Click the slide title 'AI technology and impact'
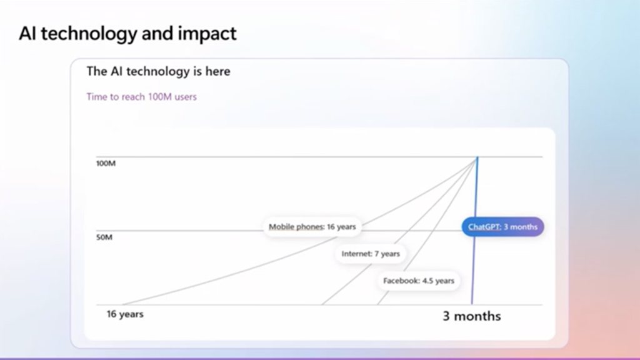[x=127, y=34]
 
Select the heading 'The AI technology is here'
[x=158, y=71]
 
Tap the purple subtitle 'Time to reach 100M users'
[x=142, y=97]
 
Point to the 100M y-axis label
[x=106, y=163]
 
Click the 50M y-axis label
[x=104, y=237]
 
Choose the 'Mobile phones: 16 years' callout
[x=312, y=226]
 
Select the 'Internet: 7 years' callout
[x=371, y=254]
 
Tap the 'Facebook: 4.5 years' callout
[x=418, y=281]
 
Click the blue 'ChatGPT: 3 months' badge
[x=503, y=226]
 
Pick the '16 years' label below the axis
[x=125, y=314]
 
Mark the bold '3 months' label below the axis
[x=472, y=316]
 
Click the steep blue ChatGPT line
[x=475, y=231]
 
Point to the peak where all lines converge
[x=477, y=157]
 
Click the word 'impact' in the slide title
[x=207, y=34]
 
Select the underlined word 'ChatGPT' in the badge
[x=484, y=226]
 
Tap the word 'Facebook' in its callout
[x=401, y=281]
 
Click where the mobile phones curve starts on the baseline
[x=122, y=304]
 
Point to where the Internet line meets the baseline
[x=322, y=304]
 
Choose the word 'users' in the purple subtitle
[x=185, y=97]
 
